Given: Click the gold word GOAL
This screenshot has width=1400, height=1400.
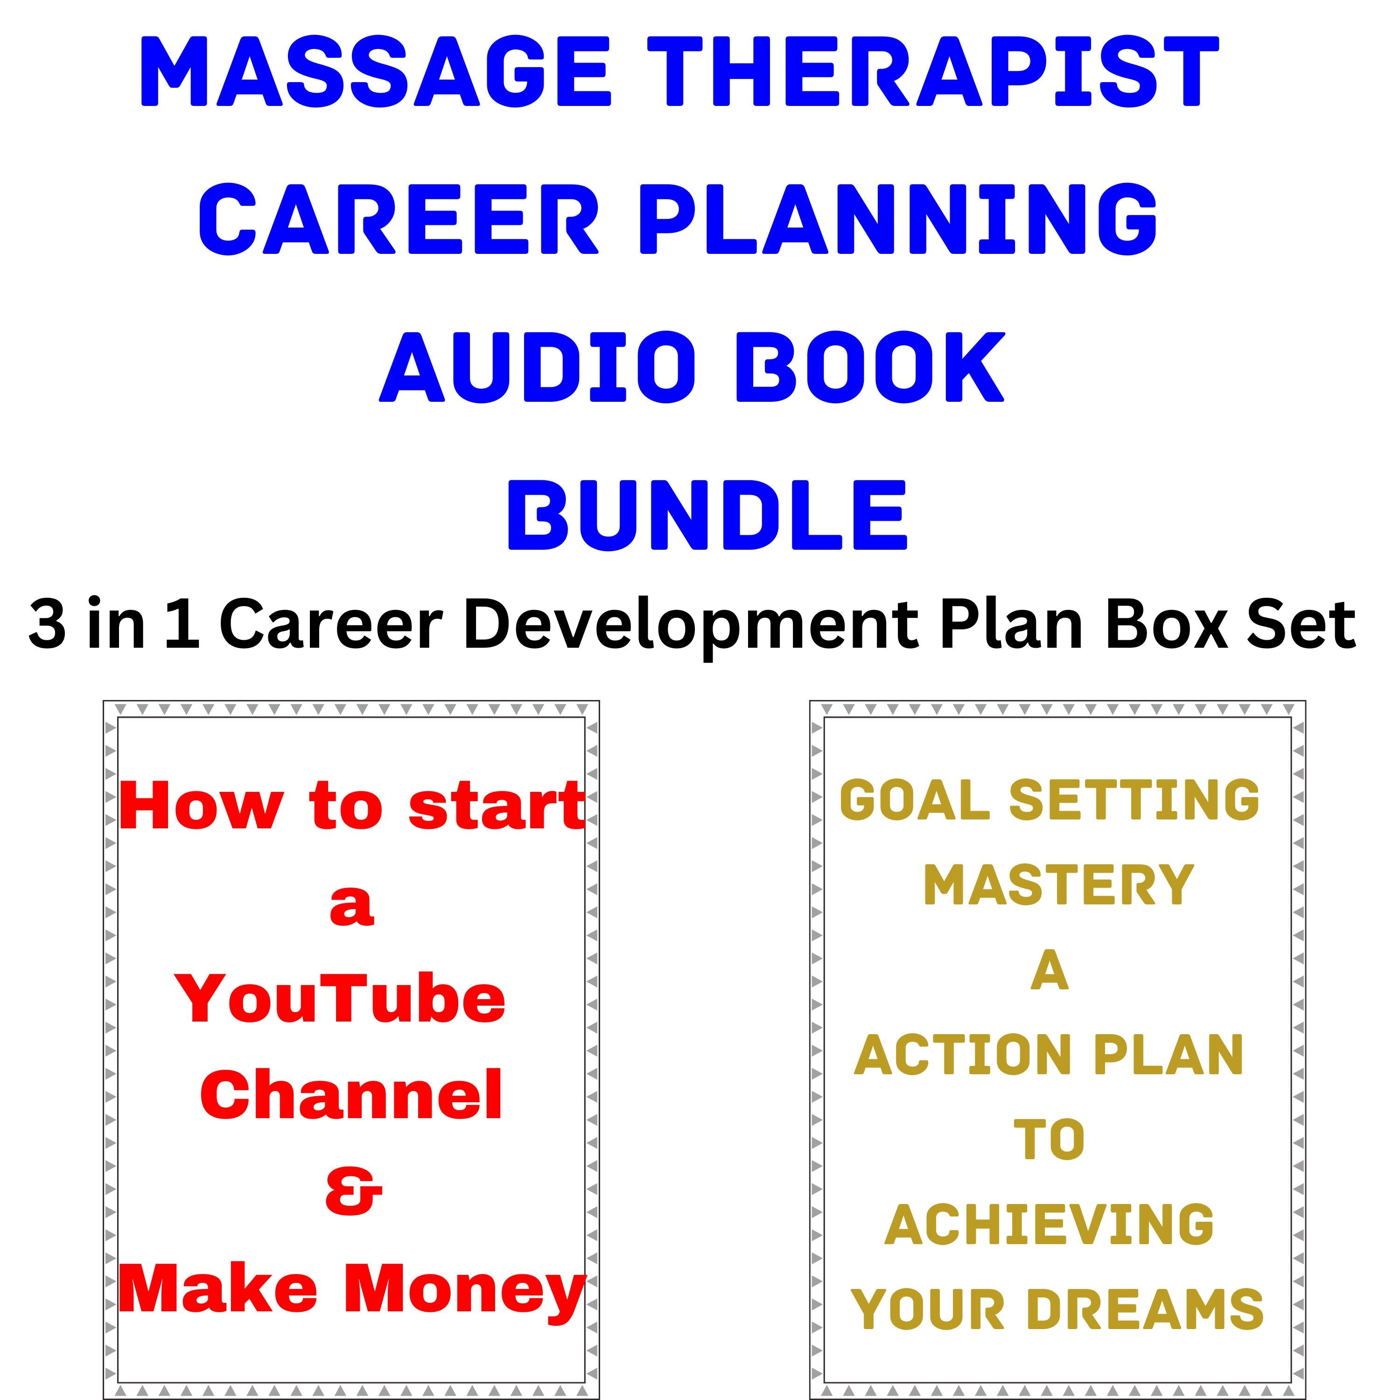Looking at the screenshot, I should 915,801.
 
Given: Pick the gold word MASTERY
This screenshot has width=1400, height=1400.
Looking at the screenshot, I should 1058,886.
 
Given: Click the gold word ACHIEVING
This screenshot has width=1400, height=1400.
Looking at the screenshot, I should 1049,1225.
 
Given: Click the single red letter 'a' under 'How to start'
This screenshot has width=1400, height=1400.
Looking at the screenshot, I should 352,905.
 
